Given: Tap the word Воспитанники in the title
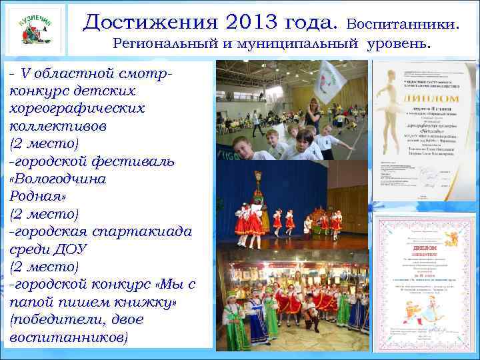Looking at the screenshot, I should click(x=403, y=25).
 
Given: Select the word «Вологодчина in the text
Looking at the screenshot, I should click(x=57, y=179).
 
